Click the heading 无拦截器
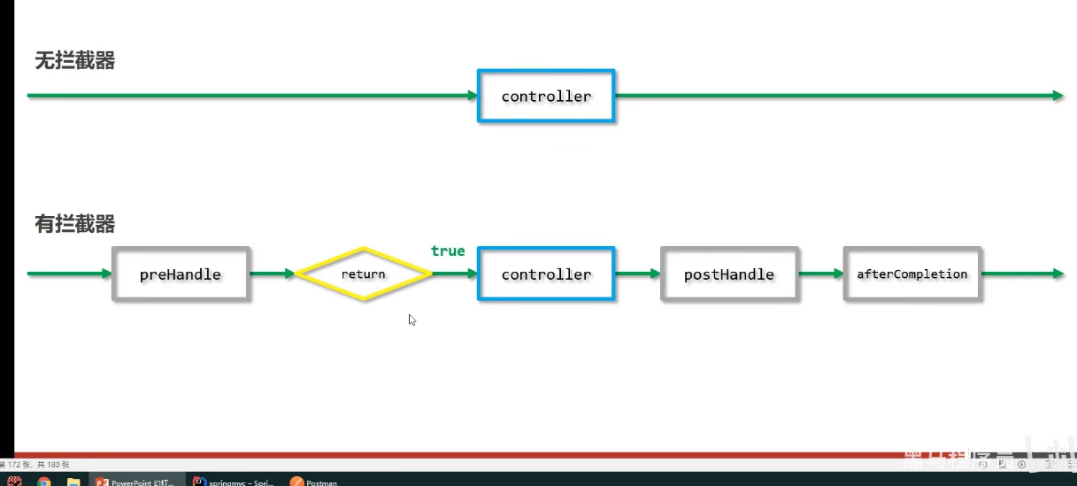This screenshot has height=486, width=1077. (74, 61)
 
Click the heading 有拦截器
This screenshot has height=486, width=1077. (74, 224)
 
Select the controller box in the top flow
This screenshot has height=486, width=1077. (546, 96)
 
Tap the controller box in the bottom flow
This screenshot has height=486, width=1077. (546, 274)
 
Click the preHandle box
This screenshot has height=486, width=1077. (181, 274)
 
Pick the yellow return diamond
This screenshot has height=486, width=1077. (363, 274)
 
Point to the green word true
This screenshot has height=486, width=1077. (448, 251)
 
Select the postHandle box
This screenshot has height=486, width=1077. (729, 274)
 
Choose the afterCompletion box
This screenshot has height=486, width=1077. (912, 274)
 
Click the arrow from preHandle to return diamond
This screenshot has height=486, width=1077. (272, 274)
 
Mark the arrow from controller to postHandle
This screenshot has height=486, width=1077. (637, 274)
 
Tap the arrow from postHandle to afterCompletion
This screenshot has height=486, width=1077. (820, 274)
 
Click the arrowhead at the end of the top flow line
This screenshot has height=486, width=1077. (1058, 96)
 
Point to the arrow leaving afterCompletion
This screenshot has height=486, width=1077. (1022, 274)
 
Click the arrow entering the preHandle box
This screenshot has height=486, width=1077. (69, 274)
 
